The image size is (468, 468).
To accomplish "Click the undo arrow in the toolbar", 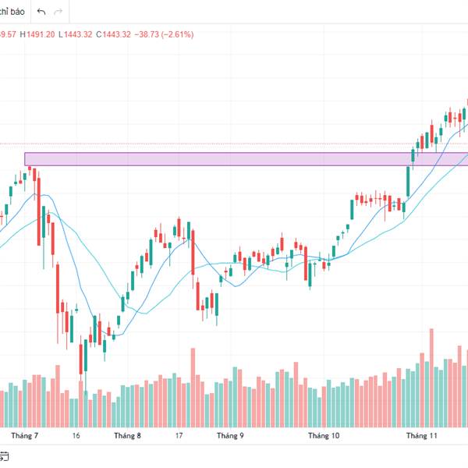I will [41, 12].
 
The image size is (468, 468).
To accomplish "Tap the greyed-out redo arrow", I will [58, 12].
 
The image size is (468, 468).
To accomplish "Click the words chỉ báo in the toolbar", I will [13, 12].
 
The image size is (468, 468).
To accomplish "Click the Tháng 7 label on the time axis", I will [25, 436].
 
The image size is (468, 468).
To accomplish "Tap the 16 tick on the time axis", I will [76, 436].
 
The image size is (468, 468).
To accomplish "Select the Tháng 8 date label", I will [127, 436].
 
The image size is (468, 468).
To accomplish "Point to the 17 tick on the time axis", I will [179, 436].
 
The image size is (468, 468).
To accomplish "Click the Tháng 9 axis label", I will [230, 436].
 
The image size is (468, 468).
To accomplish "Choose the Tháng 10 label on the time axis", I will [324, 436].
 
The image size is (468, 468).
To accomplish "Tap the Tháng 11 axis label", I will [423, 436].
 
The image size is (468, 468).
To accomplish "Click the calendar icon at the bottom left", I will [4, 456].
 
